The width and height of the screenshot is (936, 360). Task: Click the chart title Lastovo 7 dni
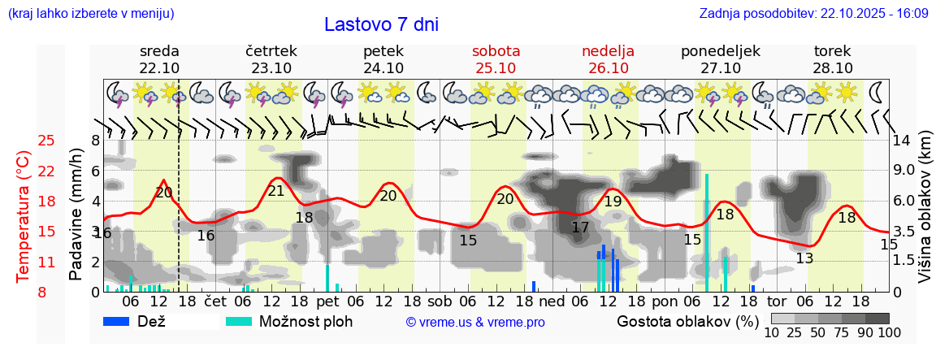[381, 24]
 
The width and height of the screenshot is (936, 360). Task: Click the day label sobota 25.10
[496, 59]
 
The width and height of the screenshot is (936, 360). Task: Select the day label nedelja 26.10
[608, 59]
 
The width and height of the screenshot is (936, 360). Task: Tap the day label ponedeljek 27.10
[720, 59]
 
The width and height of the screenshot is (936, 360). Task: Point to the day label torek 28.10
[833, 59]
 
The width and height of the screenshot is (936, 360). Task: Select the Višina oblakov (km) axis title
[925, 215]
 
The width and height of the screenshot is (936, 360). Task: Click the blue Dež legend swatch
[117, 321]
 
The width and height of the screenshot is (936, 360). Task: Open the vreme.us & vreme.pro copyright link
[474, 322]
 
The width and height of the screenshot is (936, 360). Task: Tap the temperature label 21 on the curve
[276, 191]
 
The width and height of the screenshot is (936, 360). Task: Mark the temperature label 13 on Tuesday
[804, 259]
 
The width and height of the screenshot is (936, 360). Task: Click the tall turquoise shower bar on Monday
[707, 232]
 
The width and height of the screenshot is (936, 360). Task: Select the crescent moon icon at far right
[877, 91]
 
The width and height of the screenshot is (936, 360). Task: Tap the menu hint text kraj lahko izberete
[90, 14]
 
